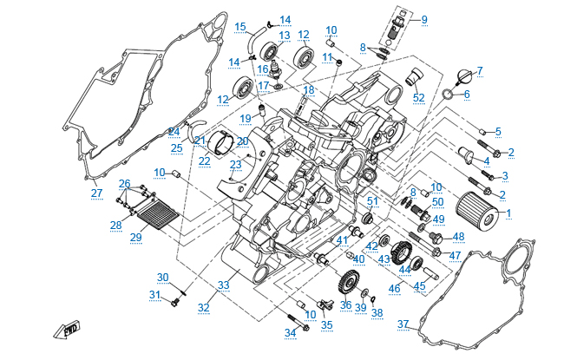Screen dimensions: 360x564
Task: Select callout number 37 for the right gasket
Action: tap(403, 324)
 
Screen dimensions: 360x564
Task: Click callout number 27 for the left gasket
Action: tap(96, 192)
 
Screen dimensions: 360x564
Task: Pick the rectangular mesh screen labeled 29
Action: tap(148, 213)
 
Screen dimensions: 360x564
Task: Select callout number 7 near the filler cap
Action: tap(480, 69)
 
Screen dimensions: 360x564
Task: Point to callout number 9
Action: tap(423, 18)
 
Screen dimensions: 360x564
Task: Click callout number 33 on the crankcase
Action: tap(223, 285)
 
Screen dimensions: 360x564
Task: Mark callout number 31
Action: tap(154, 295)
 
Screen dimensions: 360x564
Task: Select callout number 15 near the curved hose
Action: tap(240, 26)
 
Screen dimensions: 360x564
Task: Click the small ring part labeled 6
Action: tap(446, 93)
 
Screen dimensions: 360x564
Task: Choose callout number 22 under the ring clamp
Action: tap(205, 160)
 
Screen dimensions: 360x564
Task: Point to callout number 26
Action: tap(124, 183)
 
